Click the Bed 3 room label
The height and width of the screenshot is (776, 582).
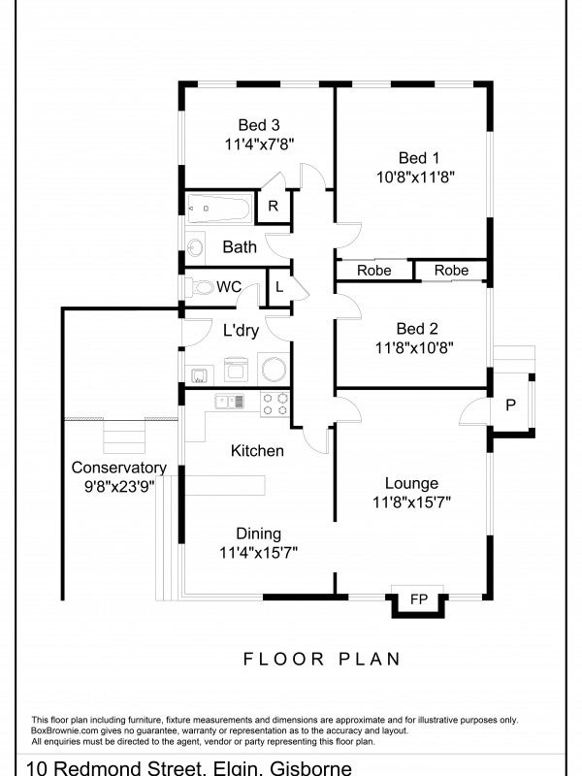[x=259, y=125]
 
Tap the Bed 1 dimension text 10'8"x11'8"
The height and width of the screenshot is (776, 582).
[x=416, y=177]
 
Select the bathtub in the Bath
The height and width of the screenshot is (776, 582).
[x=219, y=209]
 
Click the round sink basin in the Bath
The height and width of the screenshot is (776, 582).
[x=196, y=246]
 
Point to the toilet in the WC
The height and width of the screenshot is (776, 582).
[x=200, y=287]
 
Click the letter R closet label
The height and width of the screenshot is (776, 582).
[x=273, y=206]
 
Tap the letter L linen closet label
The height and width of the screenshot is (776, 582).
[x=279, y=287]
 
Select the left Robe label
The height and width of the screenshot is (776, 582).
[x=374, y=271]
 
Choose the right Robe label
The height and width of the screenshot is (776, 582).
[x=451, y=271]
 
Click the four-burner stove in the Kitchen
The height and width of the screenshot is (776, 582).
[x=275, y=404]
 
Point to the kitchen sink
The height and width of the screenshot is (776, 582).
[x=230, y=401]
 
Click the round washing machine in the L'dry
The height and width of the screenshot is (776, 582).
[x=274, y=370]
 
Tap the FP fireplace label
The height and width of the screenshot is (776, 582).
[x=419, y=599]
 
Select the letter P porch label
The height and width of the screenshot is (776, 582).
[x=511, y=405]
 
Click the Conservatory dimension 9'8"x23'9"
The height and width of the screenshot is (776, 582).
[x=119, y=487]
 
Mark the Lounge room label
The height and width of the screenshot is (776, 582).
[x=411, y=483]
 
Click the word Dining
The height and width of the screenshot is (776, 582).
[x=258, y=534]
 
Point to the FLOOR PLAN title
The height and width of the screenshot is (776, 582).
[x=322, y=659]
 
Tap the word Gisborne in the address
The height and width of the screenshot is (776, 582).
[x=310, y=768]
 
